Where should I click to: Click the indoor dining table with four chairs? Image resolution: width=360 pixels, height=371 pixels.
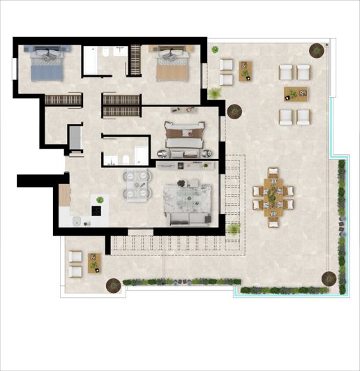[x=135, y=184]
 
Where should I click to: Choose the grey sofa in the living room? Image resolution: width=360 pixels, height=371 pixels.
[x=187, y=220]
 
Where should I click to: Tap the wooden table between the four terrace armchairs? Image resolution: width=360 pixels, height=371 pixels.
[x=296, y=94]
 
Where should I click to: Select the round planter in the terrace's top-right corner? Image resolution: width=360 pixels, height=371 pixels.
[x=317, y=50]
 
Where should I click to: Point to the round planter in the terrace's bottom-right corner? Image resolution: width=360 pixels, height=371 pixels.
[x=328, y=278]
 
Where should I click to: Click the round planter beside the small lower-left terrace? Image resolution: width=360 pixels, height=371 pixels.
[x=112, y=285]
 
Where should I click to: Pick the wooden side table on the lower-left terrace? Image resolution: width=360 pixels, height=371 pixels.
[x=94, y=262]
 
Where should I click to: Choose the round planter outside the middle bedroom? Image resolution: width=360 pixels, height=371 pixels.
[x=233, y=111]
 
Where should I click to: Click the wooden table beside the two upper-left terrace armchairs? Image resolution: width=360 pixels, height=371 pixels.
[x=245, y=70]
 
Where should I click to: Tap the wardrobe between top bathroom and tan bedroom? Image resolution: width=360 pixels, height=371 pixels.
[x=133, y=61]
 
